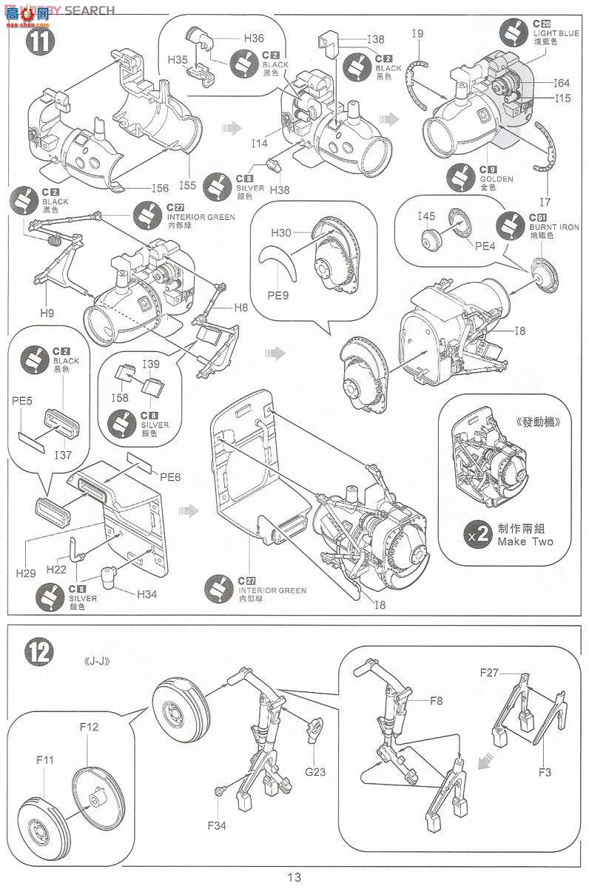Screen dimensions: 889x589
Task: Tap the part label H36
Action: point(253,37)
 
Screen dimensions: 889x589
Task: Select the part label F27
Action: point(491,672)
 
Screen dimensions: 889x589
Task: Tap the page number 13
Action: point(294,877)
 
